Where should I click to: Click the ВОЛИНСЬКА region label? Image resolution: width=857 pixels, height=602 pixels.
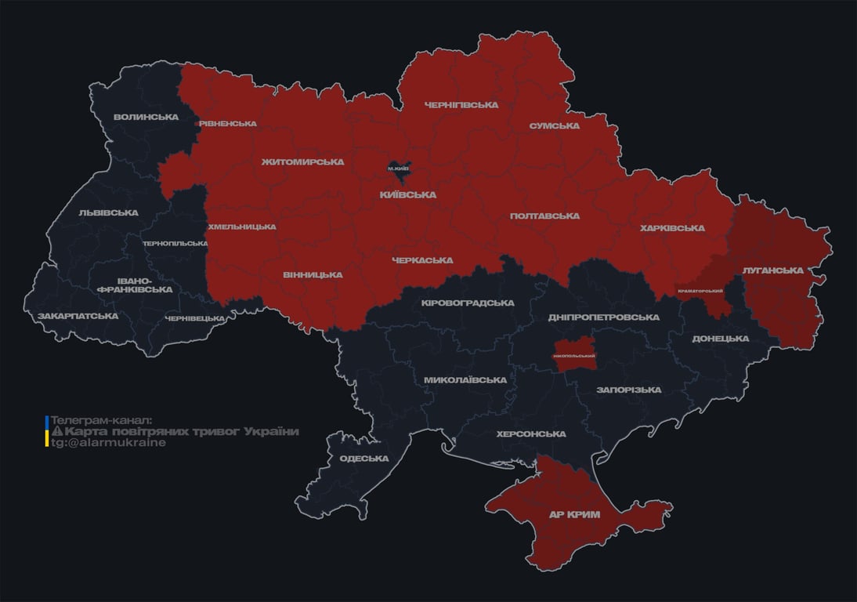click(x=146, y=118)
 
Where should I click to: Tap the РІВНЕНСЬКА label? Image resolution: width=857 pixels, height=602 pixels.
click(x=228, y=124)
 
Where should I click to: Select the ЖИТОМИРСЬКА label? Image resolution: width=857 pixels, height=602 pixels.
click(x=302, y=162)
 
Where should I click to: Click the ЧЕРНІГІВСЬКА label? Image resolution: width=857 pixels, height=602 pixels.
click(x=461, y=105)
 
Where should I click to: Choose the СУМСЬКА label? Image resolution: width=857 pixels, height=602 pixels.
click(x=554, y=125)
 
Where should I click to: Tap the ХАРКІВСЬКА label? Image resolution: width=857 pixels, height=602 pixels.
click(x=672, y=228)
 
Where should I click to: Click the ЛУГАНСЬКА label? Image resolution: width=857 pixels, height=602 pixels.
click(x=773, y=270)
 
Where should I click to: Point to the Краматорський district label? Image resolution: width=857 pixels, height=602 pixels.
click(x=700, y=292)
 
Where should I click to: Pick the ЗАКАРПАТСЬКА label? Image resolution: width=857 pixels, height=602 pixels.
click(x=78, y=316)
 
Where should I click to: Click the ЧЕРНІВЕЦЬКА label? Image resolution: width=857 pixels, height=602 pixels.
click(x=195, y=318)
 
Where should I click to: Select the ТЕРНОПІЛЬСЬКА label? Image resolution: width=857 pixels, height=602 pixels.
click(x=175, y=244)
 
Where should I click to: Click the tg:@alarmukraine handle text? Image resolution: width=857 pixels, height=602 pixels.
click(x=108, y=443)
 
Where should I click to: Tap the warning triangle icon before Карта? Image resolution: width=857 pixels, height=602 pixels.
click(x=56, y=432)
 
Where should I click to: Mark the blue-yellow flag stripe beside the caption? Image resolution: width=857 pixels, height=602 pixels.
click(x=47, y=431)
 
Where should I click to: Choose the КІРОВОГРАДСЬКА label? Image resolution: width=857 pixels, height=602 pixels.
click(x=468, y=303)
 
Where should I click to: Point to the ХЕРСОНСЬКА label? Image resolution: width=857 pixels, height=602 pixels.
click(x=531, y=434)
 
